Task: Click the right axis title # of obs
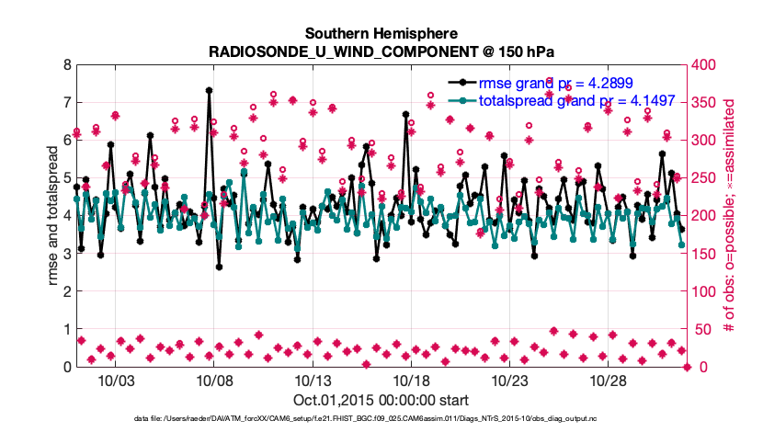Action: click(x=731, y=216)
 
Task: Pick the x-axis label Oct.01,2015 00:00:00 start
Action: click(x=381, y=400)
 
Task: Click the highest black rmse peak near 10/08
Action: click(x=209, y=90)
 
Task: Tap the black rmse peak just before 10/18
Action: click(x=405, y=114)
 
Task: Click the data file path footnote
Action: click(x=381, y=419)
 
